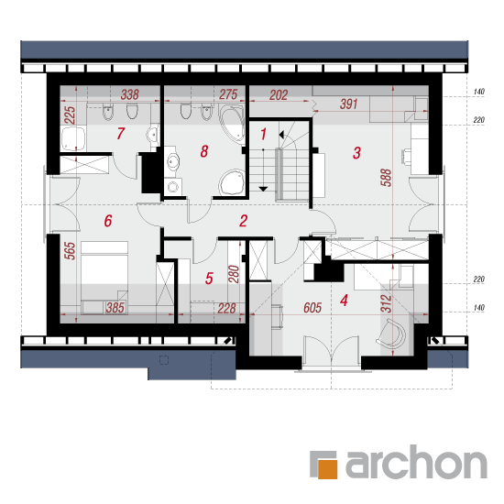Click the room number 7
click(x=121, y=134)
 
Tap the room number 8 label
click(x=204, y=151)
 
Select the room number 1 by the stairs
click(x=264, y=135)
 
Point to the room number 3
click(x=356, y=153)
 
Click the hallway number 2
click(x=244, y=221)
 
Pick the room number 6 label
click(x=108, y=221)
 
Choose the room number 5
click(x=209, y=279)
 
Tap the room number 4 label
click(x=344, y=301)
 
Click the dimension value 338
click(x=130, y=94)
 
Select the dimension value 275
click(x=228, y=94)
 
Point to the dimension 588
click(x=386, y=178)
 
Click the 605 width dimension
click(x=312, y=308)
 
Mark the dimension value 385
click(x=115, y=308)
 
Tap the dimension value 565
click(x=70, y=251)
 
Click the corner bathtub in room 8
click(x=232, y=123)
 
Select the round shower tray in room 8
click(x=232, y=182)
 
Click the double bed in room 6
click(x=104, y=278)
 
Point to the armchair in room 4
click(x=392, y=334)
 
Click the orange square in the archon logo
click(x=327, y=469)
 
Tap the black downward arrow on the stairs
click(x=263, y=189)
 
